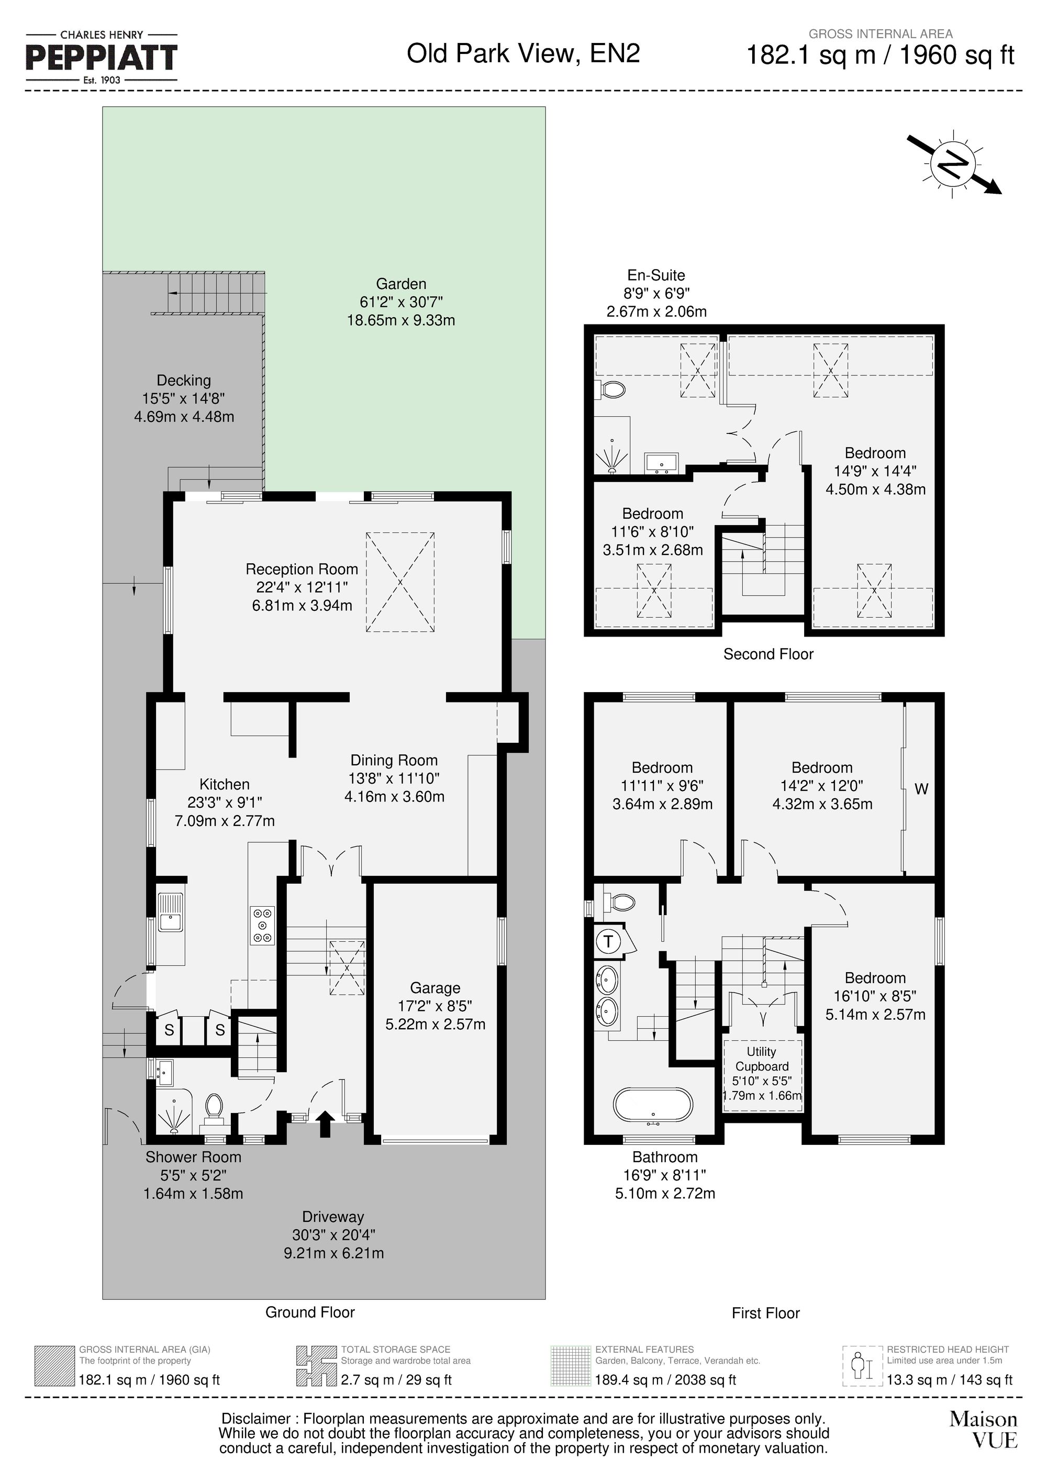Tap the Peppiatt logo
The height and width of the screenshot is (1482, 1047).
[x=102, y=58]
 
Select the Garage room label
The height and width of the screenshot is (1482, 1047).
[x=435, y=988]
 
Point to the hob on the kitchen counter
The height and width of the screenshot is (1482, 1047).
[x=262, y=926]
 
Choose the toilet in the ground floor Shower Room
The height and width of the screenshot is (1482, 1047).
[x=214, y=1105]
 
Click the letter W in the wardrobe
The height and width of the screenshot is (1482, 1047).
[x=921, y=789]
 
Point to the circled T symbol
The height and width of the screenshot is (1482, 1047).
[x=608, y=942]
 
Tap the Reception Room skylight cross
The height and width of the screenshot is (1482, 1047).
[x=400, y=582]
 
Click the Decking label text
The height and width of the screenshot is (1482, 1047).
[x=184, y=381]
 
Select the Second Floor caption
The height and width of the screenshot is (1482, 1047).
[x=768, y=654]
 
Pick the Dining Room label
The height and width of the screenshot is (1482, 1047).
[x=394, y=760]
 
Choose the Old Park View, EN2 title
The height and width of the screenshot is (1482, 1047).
[x=523, y=53]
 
